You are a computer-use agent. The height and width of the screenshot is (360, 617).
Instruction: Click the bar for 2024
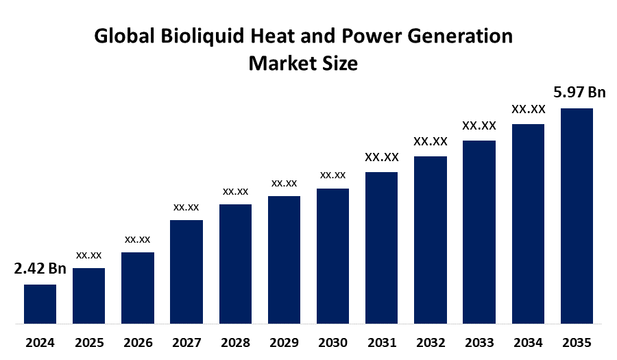(40, 303)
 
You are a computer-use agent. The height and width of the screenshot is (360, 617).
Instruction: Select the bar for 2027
(186, 271)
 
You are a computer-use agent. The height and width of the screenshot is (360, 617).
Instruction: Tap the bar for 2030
(332, 255)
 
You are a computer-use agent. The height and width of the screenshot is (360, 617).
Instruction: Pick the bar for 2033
(479, 231)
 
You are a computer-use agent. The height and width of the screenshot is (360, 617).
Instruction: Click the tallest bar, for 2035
(577, 215)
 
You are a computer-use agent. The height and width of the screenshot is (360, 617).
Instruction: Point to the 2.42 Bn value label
(40, 268)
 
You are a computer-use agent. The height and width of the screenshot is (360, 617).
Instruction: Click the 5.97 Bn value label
(580, 92)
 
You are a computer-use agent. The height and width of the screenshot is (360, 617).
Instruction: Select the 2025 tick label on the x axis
(89, 342)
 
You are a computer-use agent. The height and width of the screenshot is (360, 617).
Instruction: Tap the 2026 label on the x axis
(138, 342)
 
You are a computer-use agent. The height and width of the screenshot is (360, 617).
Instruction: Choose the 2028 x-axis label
(235, 342)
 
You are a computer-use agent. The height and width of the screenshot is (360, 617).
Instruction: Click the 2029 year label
(284, 342)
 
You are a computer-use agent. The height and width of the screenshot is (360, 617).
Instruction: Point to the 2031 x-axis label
(381, 342)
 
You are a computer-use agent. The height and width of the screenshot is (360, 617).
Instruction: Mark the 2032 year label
(430, 342)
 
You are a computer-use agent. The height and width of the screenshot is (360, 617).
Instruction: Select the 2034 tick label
(528, 342)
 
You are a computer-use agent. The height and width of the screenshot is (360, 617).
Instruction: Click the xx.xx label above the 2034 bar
(528, 109)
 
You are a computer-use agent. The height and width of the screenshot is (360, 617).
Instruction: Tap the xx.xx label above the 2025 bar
(89, 255)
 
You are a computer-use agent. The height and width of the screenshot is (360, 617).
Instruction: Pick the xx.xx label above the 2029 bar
(284, 183)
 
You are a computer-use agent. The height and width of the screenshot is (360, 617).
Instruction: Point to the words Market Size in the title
(302, 64)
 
